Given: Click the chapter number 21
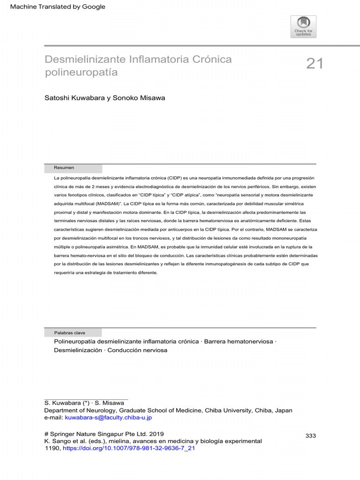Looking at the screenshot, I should pyautogui.click(x=315, y=64).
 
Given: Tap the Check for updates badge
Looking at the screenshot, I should pyautogui.click(x=303, y=27).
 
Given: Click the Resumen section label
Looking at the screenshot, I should pyautogui.click(x=64, y=168).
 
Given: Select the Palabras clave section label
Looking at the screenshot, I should pyautogui.click(x=69, y=333).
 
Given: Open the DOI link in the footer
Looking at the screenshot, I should pyautogui.click(x=128, y=448).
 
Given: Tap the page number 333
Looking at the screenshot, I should pyautogui.click(x=311, y=436).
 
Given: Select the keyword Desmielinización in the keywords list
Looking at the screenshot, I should pyautogui.click(x=78, y=350).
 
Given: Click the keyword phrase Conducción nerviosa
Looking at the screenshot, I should pyautogui.click(x=137, y=350).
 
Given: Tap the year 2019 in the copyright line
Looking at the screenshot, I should pyautogui.click(x=156, y=434).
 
